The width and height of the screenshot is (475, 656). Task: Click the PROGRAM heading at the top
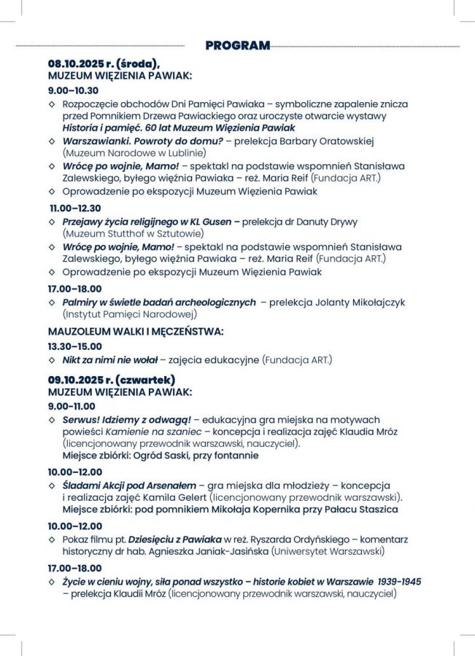click(237, 45)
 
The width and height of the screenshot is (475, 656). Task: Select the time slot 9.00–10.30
click(73, 90)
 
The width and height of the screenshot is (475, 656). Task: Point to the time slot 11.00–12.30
click(75, 208)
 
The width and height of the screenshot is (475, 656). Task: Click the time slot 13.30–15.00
click(75, 346)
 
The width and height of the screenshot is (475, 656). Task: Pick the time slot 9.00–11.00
click(72, 406)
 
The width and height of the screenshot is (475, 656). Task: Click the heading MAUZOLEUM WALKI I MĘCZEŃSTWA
click(136, 332)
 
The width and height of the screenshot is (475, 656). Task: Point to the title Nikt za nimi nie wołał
click(110, 359)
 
